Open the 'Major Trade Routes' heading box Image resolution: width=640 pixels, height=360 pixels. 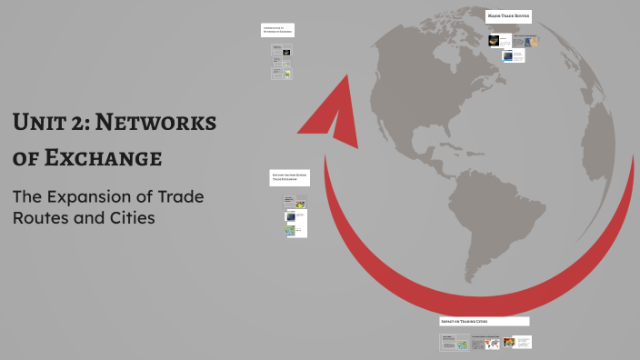508,15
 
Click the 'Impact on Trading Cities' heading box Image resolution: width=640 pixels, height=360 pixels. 484,321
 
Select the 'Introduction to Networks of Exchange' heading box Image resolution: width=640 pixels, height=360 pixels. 277,30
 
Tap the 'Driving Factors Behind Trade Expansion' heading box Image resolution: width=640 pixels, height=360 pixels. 288,177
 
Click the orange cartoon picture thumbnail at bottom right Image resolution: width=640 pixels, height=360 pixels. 509,343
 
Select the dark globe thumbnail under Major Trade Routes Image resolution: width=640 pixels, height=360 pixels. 495,40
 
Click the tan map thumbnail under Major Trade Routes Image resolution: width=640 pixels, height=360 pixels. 532,41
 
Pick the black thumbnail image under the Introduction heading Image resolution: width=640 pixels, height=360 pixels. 285,53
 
